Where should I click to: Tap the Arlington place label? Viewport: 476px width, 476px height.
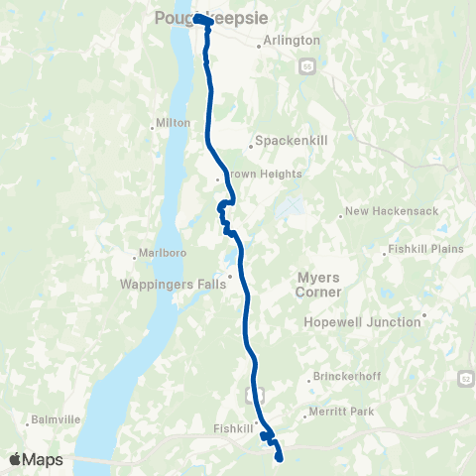pyautogui.click(x=293, y=41)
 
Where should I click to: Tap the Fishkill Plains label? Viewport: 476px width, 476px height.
pyautogui.click(x=425, y=248)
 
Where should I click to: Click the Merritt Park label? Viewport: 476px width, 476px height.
pyautogui.click(x=340, y=412)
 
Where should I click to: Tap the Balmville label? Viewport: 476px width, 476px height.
pyautogui.click(x=55, y=418)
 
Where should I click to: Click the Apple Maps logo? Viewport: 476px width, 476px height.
pyautogui.click(x=36, y=459)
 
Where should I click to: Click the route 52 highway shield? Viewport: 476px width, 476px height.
pyautogui.click(x=465, y=378)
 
